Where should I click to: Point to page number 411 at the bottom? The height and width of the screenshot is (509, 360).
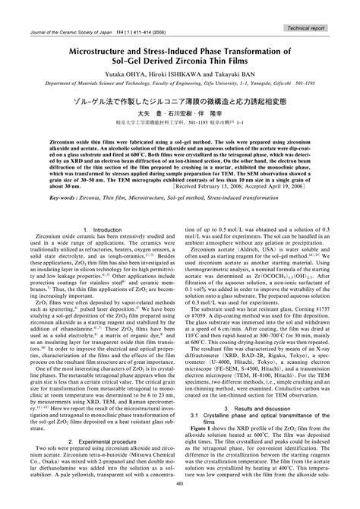(x=180, y=501)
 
